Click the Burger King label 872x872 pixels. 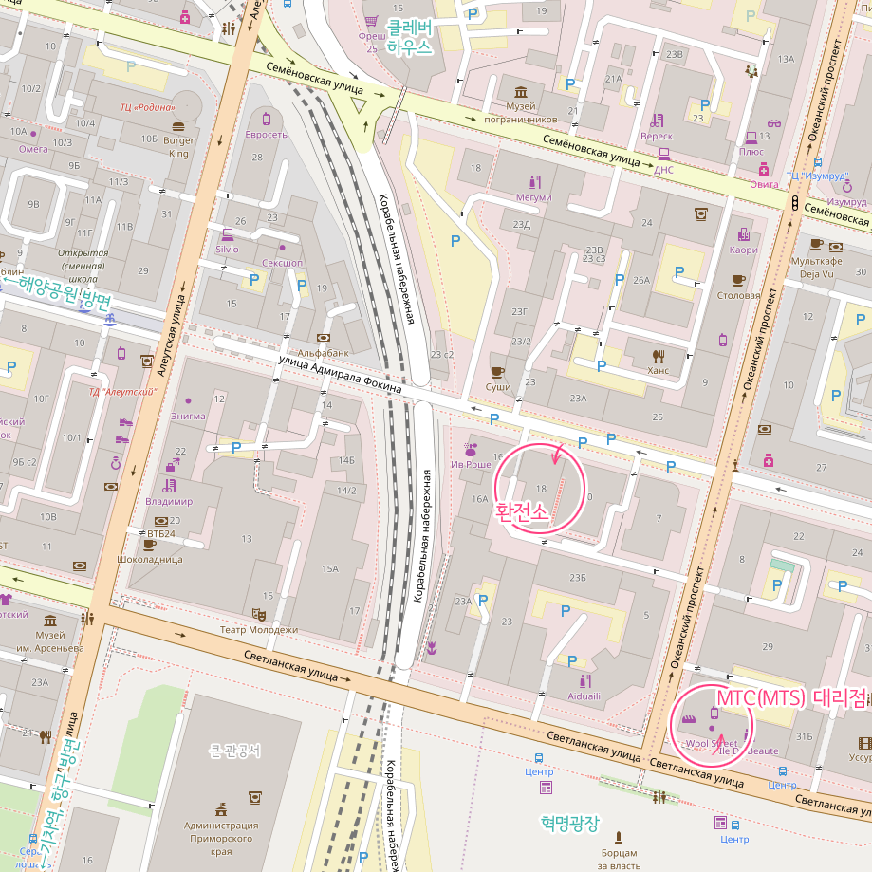[178, 146]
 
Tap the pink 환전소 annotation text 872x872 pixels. [522, 510]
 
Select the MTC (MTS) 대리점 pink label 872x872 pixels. [791, 697]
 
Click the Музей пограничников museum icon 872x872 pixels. [521, 91]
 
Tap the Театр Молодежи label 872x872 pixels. [259, 629]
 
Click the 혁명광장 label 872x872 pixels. [570, 823]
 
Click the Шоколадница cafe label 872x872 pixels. [148, 560]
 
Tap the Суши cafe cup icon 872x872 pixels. [497, 371]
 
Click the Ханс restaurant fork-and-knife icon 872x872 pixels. [659, 356]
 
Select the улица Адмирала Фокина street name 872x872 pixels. [340, 375]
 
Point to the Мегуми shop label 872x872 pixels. [533, 197]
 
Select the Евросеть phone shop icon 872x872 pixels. [267, 119]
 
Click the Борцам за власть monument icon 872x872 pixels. [619, 838]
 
